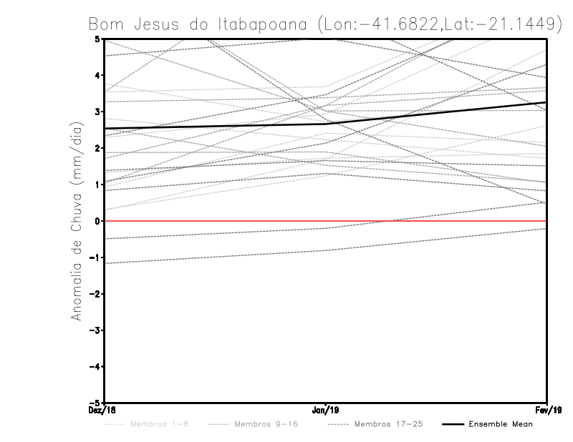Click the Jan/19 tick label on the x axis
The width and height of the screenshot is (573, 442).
pyautogui.click(x=325, y=410)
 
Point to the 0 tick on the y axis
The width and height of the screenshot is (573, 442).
pyautogui.click(x=98, y=221)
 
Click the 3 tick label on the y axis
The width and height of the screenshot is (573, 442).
pyautogui.click(x=98, y=112)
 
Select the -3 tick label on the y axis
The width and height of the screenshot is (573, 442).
pyautogui.click(x=96, y=330)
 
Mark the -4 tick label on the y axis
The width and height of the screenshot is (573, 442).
pyautogui.click(x=96, y=367)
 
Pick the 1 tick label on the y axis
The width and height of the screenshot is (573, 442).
pyautogui.click(x=98, y=185)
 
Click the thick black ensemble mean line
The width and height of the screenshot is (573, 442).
pyautogui.click(x=215, y=126)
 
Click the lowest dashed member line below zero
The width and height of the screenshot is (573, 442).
pyautogui.click(x=215, y=257)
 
